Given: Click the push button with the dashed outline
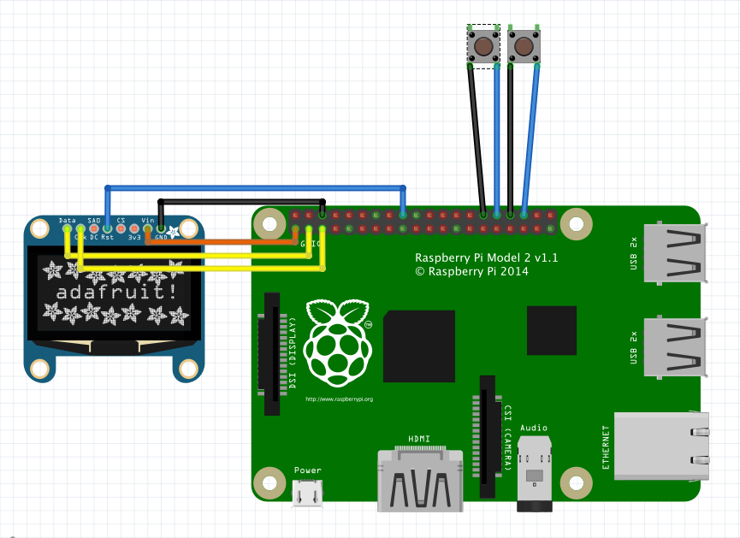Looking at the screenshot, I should click(x=483, y=45).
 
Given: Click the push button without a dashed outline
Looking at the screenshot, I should click(x=524, y=45).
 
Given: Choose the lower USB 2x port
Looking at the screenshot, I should click(x=676, y=346).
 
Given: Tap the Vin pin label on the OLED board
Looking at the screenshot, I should click(x=147, y=221).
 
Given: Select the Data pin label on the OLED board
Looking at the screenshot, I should click(x=67, y=221).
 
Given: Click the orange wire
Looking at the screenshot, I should click(x=222, y=242).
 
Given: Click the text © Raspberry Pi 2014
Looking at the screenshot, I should click(x=471, y=272).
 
